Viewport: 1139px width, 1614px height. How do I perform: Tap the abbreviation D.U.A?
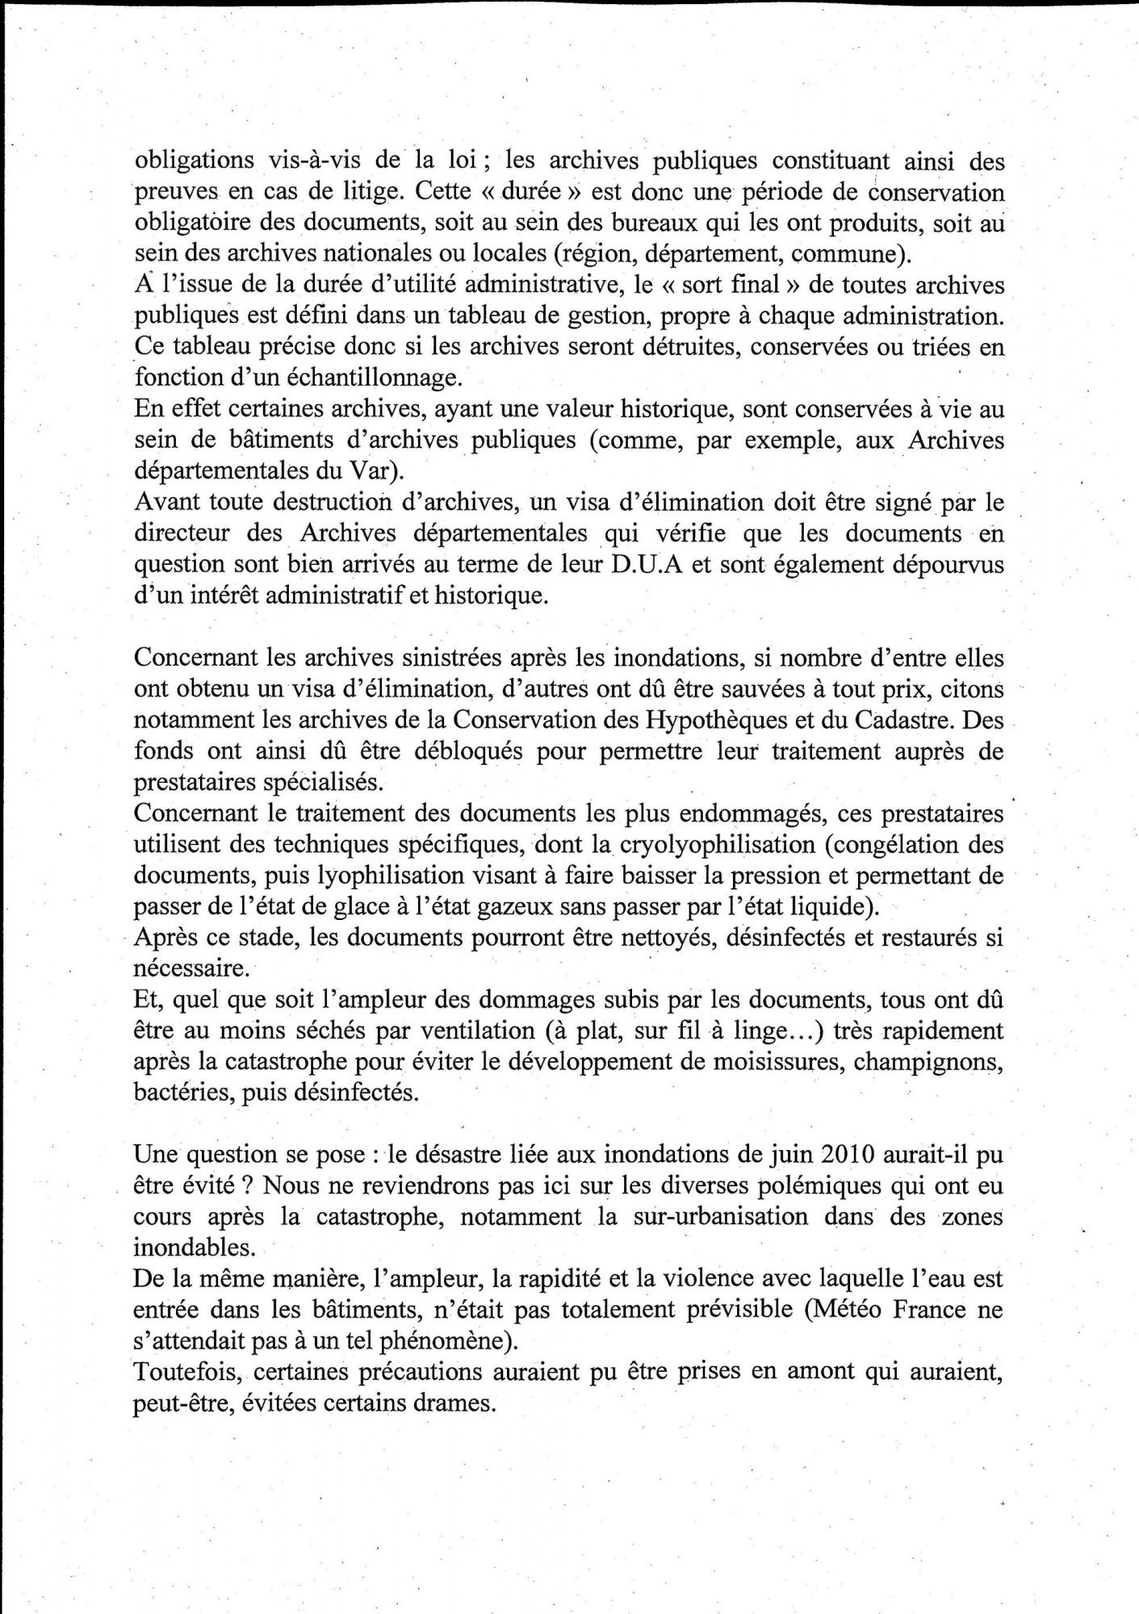[649, 564]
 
